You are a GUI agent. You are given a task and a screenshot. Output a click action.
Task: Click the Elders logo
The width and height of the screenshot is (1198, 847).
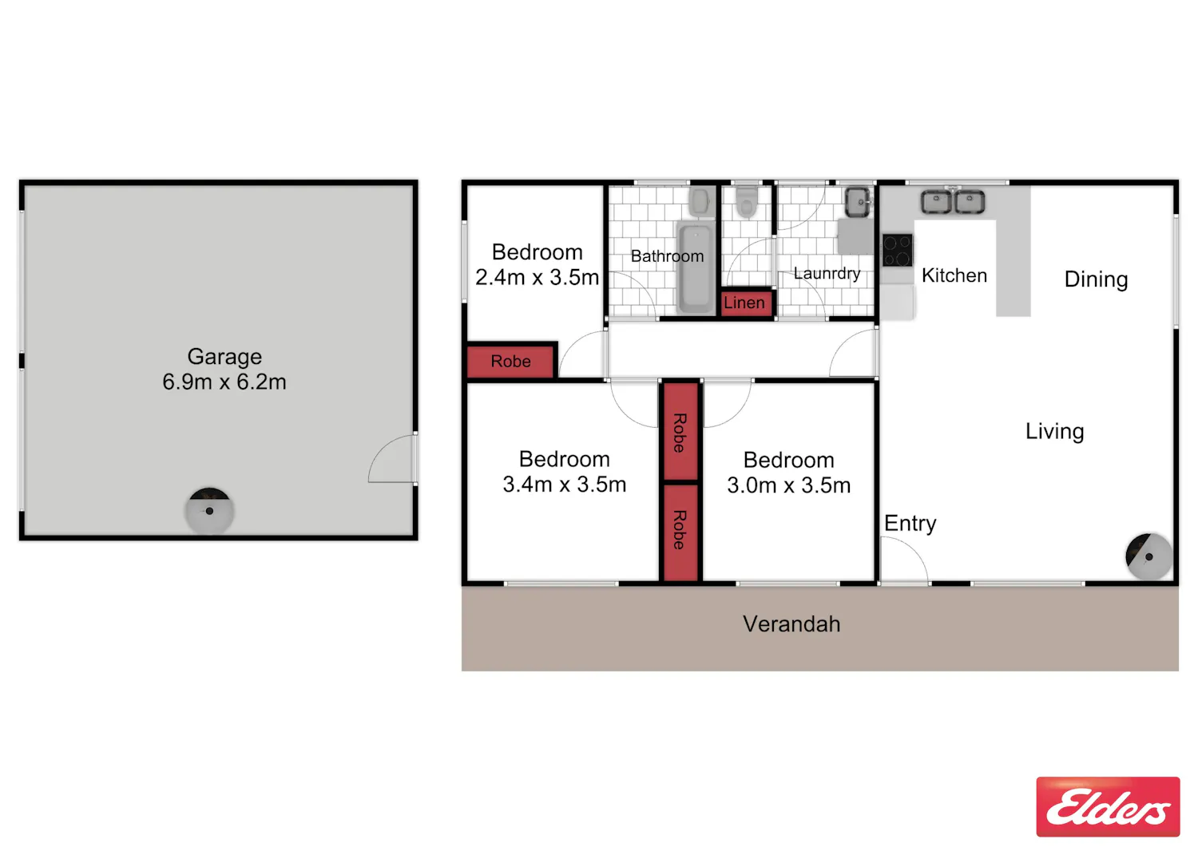click(1108, 806)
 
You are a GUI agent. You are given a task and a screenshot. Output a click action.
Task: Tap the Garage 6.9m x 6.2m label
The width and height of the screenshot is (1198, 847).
click(224, 369)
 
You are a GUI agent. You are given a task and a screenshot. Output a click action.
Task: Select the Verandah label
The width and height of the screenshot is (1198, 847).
click(791, 624)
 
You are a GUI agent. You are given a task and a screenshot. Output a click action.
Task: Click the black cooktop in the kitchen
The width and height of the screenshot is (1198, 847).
click(898, 250)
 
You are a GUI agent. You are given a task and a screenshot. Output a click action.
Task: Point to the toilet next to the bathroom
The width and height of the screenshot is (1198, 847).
click(747, 202)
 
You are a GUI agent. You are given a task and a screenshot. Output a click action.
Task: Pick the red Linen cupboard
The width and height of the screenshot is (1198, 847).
click(746, 303)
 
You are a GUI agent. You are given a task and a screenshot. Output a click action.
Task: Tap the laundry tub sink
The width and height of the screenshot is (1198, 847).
click(857, 202)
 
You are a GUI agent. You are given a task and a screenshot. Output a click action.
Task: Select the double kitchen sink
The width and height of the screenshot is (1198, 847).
click(953, 202)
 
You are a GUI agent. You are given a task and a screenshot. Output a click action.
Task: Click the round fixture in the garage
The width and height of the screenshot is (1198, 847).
click(209, 511)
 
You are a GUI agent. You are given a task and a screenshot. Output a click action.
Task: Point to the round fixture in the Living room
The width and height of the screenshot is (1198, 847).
click(1148, 556)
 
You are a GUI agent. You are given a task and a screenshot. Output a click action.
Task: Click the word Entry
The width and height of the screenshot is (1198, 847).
click(910, 523)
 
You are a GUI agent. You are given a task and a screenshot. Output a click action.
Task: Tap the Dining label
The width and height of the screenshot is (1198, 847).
click(1096, 279)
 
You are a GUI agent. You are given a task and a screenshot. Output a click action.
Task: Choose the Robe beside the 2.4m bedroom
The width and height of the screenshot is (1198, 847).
click(510, 362)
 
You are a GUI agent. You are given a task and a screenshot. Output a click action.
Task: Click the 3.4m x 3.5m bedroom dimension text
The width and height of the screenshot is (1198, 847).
click(564, 485)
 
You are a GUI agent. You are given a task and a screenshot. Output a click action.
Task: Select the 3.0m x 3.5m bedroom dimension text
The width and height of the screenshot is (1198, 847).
click(788, 485)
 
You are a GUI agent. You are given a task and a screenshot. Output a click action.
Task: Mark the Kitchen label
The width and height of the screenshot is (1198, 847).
click(954, 275)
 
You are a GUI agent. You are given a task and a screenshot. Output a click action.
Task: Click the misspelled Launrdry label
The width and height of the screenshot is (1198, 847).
click(827, 273)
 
